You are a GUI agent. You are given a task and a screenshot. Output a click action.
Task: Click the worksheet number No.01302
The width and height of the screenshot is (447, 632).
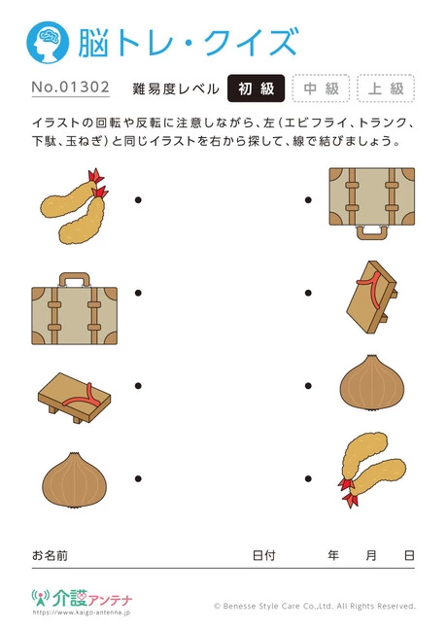pos(71,88)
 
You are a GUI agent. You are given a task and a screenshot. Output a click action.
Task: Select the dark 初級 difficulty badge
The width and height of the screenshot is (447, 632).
pos(256,88)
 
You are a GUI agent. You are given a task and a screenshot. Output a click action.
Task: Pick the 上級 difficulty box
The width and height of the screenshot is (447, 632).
pos(386,88)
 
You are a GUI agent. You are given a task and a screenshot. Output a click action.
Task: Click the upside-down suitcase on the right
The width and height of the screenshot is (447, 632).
pos(372,201)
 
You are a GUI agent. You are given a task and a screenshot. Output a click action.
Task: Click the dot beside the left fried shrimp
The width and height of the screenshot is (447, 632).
pos(139,201)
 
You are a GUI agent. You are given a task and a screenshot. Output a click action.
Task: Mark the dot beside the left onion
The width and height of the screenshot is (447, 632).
pos(139,477)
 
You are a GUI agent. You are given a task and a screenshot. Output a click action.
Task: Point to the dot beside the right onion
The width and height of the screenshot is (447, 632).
pos(308,385)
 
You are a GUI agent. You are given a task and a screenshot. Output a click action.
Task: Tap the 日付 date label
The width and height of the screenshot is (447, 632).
pos(263,555)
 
